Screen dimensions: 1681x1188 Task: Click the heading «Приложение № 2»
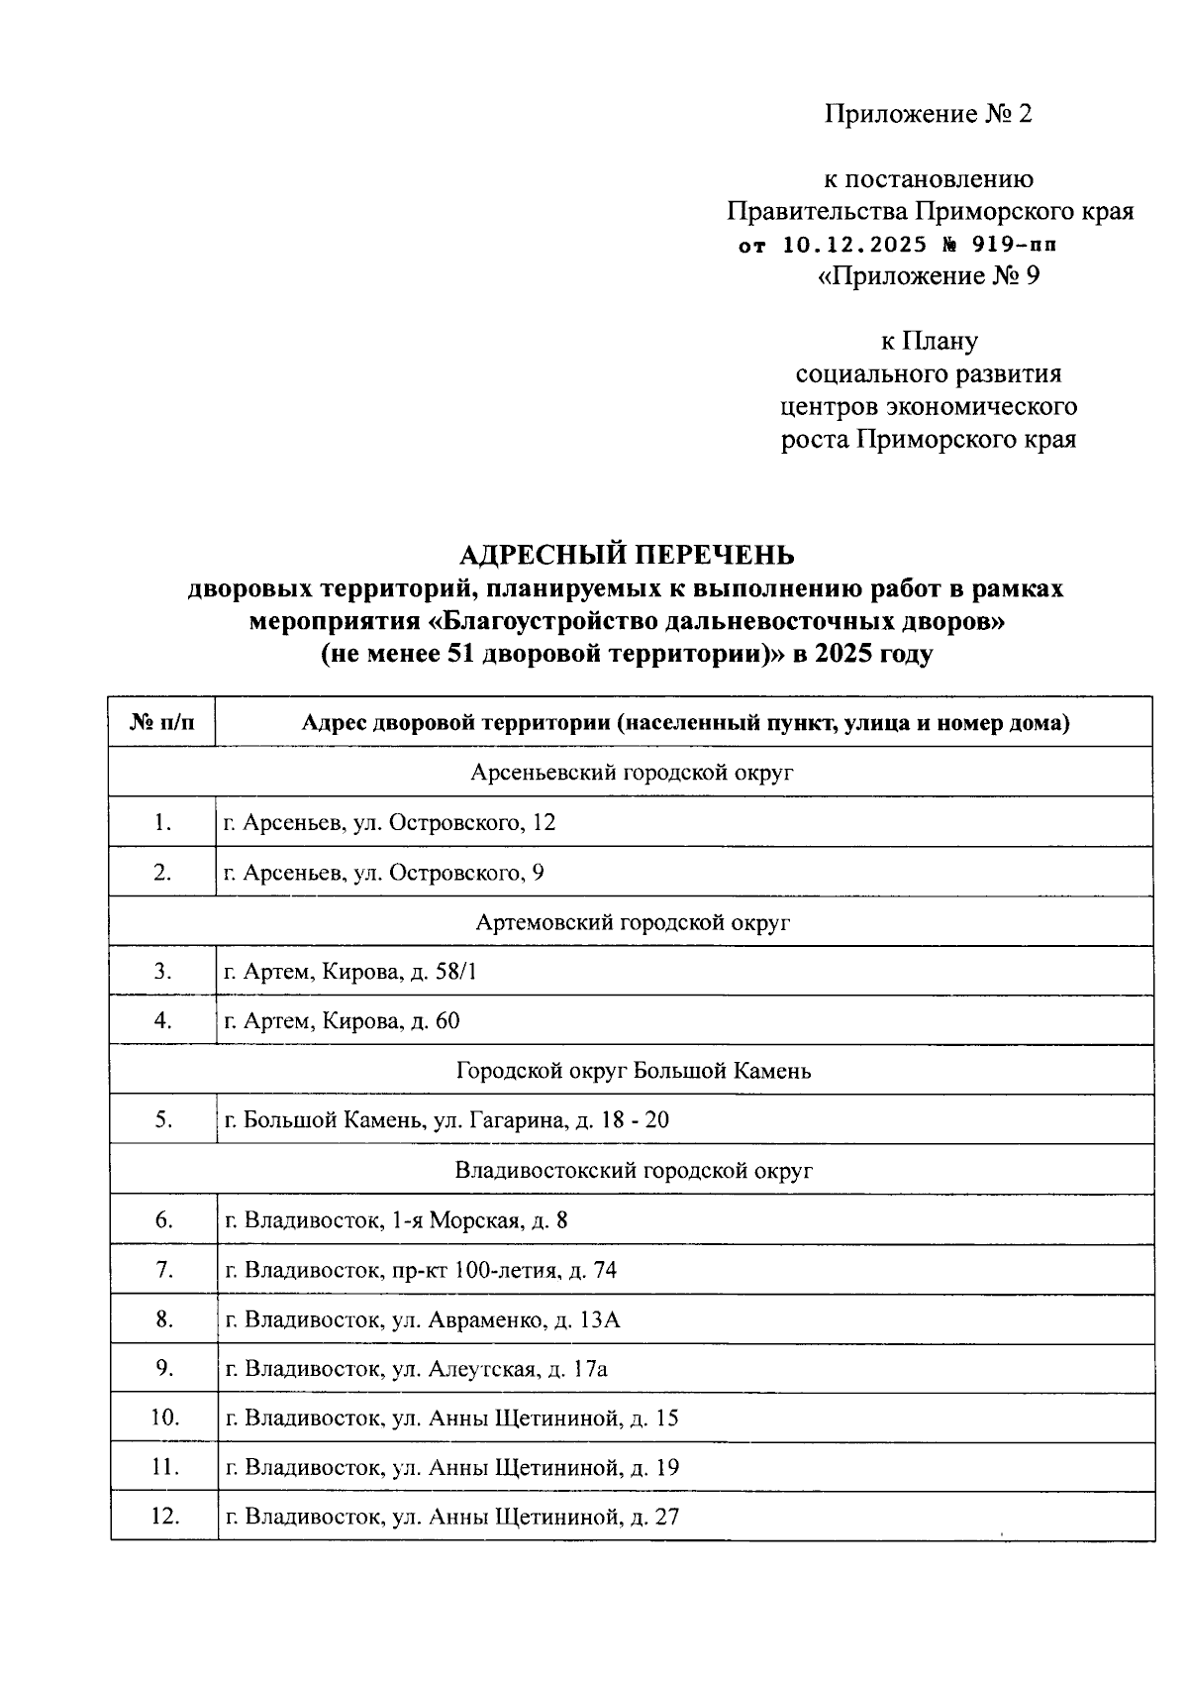click(928, 114)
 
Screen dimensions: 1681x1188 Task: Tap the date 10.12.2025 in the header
click(854, 244)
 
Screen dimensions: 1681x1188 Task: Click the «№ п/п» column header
click(162, 723)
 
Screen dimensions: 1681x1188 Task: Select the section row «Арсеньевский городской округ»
click(632, 773)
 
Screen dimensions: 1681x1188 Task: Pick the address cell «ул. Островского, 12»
click(390, 822)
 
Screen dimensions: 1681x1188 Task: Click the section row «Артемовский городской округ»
click(632, 922)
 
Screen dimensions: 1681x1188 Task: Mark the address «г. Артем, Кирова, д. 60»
click(343, 1021)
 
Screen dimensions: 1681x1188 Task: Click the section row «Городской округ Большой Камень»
click(632, 1071)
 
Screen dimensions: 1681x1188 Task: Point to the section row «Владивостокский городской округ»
click(632, 1171)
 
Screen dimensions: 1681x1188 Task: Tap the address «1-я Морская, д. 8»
click(397, 1220)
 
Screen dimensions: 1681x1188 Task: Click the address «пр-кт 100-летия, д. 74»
click(421, 1270)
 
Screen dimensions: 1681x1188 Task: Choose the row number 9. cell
click(164, 1369)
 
